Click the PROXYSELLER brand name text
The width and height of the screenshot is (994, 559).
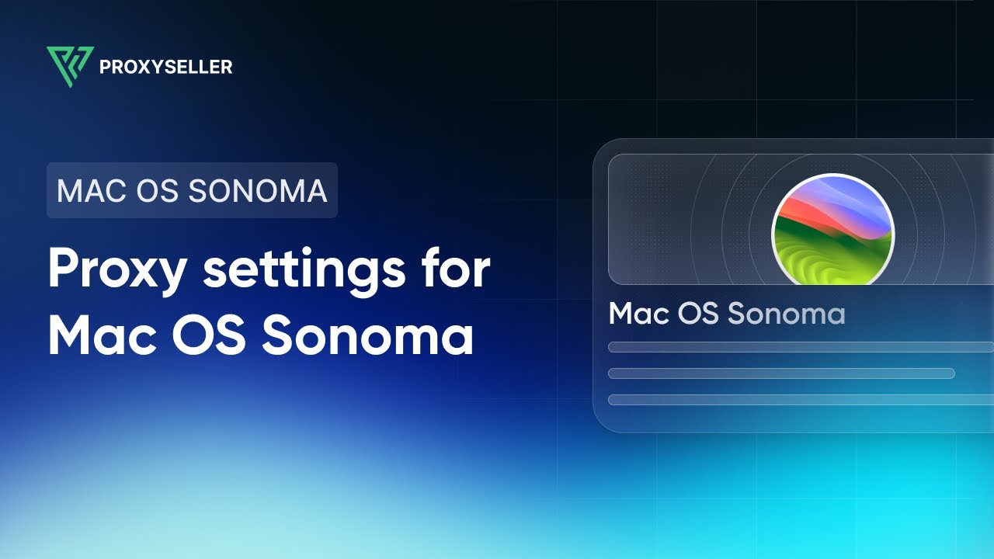(165, 68)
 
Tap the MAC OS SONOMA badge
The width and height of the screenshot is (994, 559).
(192, 190)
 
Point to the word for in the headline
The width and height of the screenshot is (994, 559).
(457, 269)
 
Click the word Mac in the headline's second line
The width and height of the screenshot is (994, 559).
(103, 335)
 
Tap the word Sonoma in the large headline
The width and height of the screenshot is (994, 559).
(367, 335)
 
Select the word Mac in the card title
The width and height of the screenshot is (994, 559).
(639, 314)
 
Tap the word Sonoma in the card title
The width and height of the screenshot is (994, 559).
(786, 314)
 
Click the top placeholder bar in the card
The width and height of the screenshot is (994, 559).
(800, 347)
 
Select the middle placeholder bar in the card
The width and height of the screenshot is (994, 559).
(780, 373)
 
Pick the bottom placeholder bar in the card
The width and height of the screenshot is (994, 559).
(800, 400)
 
